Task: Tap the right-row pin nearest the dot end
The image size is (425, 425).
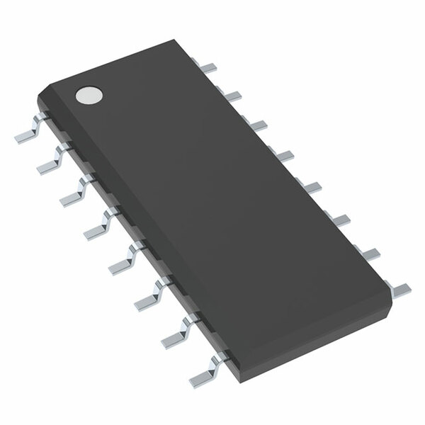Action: pyautogui.click(x=208, y=68)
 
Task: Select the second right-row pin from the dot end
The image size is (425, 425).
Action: pyautogui.click(x=234, y=94)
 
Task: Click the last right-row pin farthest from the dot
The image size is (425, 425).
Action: pyautogui.click(x=399, y=287)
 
